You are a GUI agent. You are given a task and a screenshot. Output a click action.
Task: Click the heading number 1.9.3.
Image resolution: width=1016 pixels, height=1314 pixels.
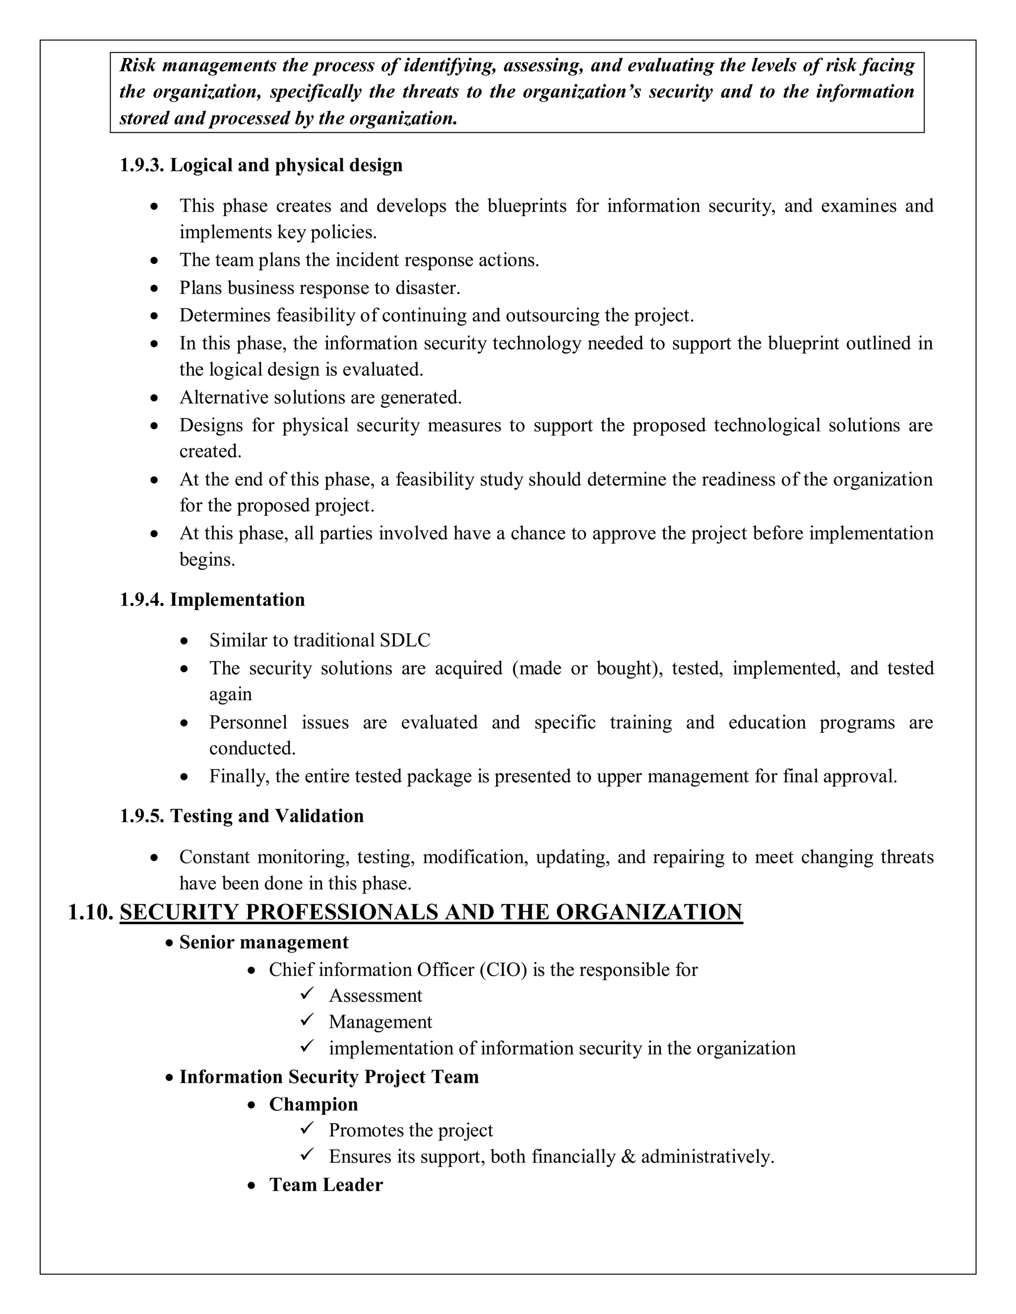[x=141, y=166]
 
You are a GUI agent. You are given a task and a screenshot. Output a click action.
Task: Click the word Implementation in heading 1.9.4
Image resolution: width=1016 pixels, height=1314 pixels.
[x=237, y=600]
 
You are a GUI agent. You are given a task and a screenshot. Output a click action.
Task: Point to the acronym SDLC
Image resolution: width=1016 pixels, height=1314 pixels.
[x=405, y=640]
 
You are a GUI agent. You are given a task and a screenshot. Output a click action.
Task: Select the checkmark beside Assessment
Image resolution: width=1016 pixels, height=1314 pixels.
[x=307, y=995]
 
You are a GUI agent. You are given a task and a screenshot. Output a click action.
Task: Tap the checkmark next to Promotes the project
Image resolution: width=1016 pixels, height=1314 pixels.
[x=307, y=1129]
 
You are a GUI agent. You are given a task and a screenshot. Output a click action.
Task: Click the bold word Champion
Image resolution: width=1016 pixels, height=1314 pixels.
[x=313, y=1105]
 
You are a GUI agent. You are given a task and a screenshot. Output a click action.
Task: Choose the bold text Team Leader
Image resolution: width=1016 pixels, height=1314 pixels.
[x=325, y=1185]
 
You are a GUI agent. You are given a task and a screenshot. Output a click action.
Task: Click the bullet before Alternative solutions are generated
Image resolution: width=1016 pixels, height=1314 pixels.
[x=155, y=398]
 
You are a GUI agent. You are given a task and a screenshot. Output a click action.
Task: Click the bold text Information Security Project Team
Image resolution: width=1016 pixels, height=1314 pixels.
[x=328, y=1077]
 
